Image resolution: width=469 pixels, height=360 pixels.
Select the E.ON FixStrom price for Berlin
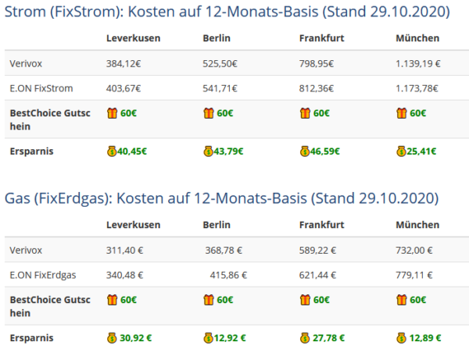[x=220, y=88]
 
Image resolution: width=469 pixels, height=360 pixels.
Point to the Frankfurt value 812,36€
[x=317, y=88]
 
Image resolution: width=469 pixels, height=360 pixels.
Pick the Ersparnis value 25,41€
[x=421, y=151]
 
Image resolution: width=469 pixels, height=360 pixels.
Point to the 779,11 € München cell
[x=416, y=274]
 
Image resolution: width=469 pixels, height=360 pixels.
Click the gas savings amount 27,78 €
[x=328, y=337]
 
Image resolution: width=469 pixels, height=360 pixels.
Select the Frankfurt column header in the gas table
[x=322, y=224]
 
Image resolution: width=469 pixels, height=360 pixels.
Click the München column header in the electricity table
[x=417, y=37]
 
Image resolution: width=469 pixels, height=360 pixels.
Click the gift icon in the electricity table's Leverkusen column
[x=112, y=113]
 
